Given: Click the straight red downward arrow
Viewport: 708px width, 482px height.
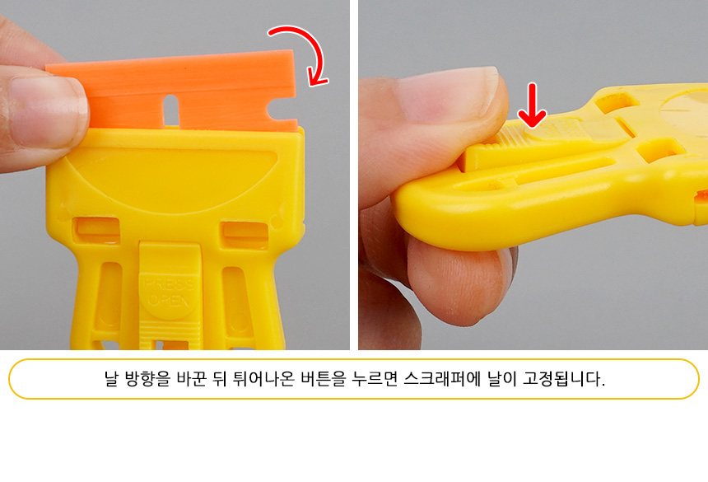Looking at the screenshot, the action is click(533, 105).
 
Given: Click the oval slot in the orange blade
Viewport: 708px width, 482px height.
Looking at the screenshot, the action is click(170, 109).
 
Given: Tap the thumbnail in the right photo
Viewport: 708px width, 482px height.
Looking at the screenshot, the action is click(447, 93).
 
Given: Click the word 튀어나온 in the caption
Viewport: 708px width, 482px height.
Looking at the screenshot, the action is click(263, 378).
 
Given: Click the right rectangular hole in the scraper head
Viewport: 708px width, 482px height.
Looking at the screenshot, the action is click(245, 232).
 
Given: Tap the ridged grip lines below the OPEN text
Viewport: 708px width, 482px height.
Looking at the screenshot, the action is click(170, 331).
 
